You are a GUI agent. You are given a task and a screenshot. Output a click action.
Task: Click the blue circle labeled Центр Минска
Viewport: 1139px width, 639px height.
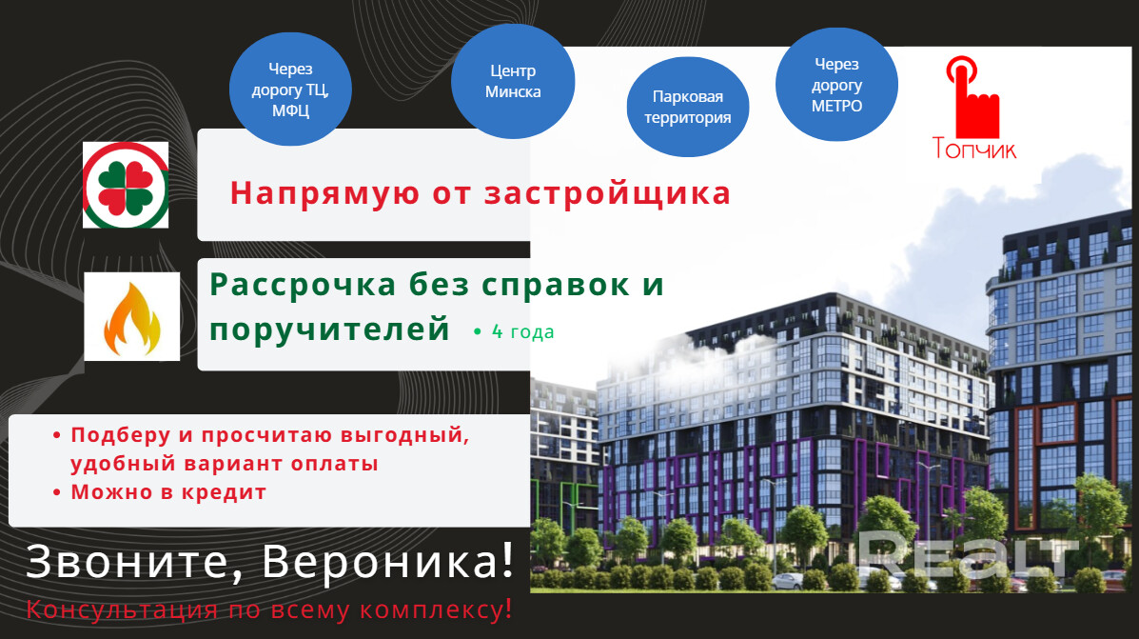coord(513,81)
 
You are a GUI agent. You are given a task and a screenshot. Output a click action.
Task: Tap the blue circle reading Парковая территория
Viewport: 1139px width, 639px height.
coord(687,107)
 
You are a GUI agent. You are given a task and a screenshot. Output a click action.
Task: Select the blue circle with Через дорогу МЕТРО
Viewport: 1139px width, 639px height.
coord(836,85)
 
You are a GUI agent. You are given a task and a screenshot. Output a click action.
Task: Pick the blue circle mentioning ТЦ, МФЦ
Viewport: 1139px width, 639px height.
coord(290,89)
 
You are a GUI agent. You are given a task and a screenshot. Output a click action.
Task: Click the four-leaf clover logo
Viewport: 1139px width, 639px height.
coord(126,186)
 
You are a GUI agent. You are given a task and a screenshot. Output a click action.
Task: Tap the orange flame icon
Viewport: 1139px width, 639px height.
coord(131,317)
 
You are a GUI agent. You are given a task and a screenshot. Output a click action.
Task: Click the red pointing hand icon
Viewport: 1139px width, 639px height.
coord(972,97)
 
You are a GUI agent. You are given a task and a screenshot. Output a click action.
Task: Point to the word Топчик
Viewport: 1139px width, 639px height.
coord(974,149)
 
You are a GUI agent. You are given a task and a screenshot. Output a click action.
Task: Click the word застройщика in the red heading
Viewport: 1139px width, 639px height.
coord(607,193)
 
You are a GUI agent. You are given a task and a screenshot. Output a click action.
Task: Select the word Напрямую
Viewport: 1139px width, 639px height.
coord(324,194)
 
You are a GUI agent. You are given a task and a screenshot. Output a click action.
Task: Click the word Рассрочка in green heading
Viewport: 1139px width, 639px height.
coord(303,284)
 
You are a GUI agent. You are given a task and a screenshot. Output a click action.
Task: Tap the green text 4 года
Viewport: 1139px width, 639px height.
coord(523,331)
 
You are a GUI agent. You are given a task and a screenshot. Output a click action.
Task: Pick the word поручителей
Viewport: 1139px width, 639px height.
coord(330,329)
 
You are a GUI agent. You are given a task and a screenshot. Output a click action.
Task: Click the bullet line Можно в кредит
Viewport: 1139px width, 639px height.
coord(168,492)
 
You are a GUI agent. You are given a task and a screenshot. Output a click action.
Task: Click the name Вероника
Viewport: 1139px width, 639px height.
coord(388,561)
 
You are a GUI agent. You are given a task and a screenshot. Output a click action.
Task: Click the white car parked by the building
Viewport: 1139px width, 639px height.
coord(788,581)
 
